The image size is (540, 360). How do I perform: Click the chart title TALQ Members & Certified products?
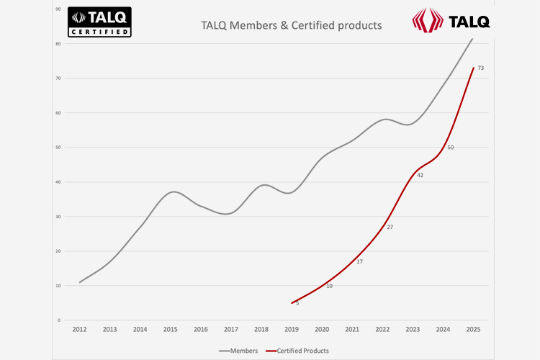coord(291,26)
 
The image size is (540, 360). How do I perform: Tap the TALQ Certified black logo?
coord(99,22)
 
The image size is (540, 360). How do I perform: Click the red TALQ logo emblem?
coord(428,19)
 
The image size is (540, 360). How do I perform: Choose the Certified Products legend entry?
coord(297,351)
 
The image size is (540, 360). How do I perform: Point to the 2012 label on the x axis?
coord(79,329)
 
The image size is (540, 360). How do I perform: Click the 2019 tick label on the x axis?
coord(292,329)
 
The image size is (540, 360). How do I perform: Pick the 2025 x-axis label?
coord(473,329)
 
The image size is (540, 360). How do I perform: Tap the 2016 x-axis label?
coord(201,329)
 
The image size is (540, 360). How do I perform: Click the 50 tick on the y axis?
coord(58,148)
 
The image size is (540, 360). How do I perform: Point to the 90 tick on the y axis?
coord(58,9)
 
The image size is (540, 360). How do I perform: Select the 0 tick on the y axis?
coord(60,320)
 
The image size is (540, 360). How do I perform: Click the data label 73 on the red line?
coord(480,68)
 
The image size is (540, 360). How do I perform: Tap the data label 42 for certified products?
coord(420,175)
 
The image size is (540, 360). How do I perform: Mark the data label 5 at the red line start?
coord(297,303)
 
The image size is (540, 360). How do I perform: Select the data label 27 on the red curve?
coord(390,227)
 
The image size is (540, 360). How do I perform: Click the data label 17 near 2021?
coord(359,261)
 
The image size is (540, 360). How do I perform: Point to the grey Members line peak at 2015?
coord(171,192)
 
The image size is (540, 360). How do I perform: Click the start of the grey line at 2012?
coord(79,282)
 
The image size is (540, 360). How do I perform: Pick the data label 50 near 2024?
coord(450,148)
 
